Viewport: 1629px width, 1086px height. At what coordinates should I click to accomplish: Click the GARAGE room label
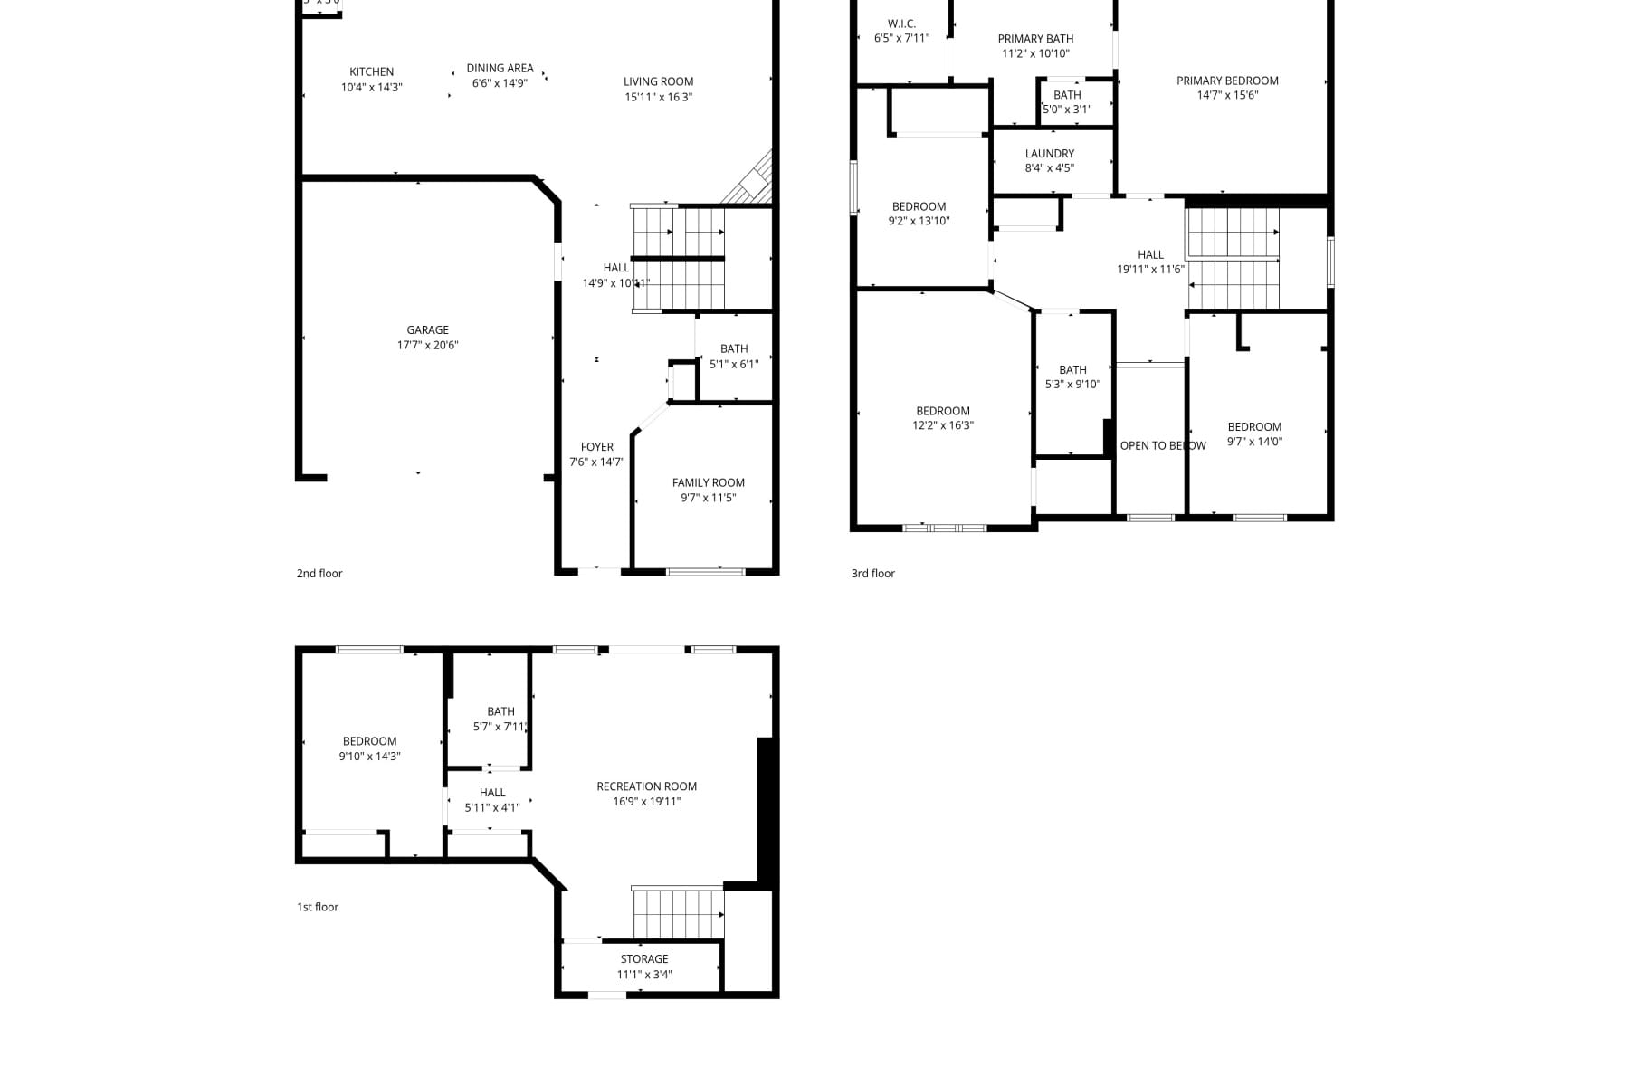[427, 330]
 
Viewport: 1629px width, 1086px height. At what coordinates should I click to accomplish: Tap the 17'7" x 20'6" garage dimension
[427, 345]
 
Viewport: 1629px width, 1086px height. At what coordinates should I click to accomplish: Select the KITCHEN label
[371, 72]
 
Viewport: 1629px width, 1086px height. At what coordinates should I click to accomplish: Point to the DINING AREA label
[500, 69]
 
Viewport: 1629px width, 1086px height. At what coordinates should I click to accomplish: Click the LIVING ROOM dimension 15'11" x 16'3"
[658, 97]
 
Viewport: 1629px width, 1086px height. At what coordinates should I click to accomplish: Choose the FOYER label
[596, 447]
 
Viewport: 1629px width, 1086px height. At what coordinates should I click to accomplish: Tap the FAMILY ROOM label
[708, 483]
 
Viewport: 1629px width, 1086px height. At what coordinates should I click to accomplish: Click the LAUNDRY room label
[1049, 154]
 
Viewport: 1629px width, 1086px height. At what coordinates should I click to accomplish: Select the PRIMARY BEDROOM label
[1226, 81]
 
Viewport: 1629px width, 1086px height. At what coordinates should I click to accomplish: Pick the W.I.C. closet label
[901, 24]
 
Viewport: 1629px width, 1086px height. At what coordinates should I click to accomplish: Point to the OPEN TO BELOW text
[1162, 445]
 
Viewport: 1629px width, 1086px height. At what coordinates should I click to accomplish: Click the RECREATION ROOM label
[646, 786]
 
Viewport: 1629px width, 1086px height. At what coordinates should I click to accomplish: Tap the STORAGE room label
[643, 959]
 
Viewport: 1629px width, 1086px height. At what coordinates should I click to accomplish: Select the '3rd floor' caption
[872, 574]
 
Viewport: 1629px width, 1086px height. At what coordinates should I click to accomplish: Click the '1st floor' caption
[318, 907]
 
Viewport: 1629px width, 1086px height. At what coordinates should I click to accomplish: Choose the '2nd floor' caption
[319, 574]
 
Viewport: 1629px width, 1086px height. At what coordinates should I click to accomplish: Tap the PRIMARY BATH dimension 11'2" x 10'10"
[1035, 53]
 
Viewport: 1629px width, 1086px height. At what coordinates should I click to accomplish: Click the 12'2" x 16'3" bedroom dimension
[942, 425]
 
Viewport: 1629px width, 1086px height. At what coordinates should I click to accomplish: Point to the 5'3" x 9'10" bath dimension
[1072, 385]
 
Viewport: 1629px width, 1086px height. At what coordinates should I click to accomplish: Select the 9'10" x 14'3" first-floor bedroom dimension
[369, 757]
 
